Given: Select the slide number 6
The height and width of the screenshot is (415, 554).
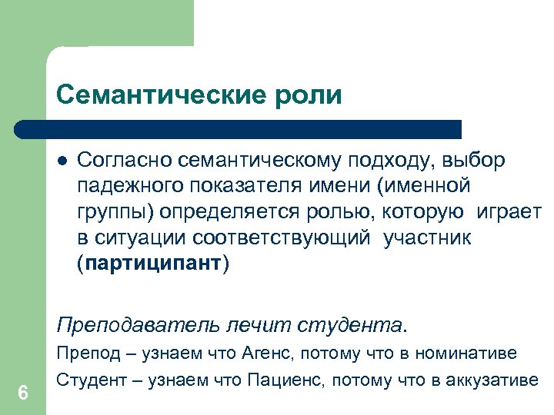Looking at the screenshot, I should tap(23, 393).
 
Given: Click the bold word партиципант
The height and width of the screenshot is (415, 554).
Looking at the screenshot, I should tap(153, 264).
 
